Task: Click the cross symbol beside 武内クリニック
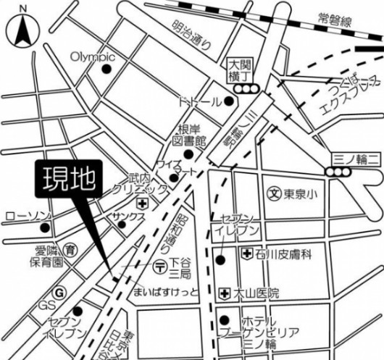pyautogui.click(x=143, y=204)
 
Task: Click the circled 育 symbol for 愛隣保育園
pyautogui.click(x=70, y=248)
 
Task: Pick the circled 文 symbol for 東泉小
pyautogui.click(x=274, y=193)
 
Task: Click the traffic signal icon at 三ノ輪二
pyautogui.click(x=317, y=172)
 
